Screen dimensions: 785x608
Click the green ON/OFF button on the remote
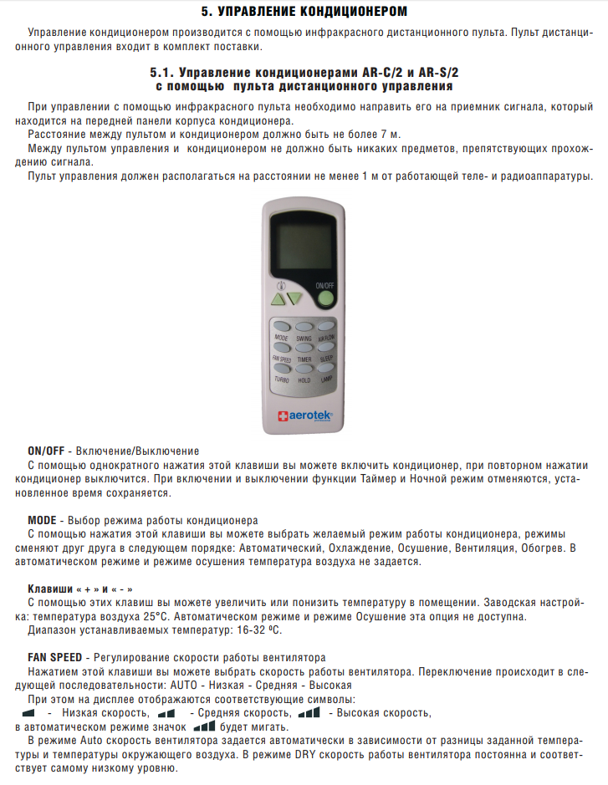tap(325, 298)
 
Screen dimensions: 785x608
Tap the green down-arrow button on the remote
tap(294, 298)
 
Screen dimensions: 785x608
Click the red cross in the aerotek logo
tap(282, 415)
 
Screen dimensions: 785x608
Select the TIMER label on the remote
tap(304, 359)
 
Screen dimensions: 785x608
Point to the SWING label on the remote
tap(304, 338)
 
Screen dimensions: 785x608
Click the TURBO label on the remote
tap(282, 380)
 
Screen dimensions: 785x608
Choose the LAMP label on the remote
tap(326, 380)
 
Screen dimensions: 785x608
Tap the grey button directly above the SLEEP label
tap(325, 348)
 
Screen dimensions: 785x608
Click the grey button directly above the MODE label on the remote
tap(282, 327)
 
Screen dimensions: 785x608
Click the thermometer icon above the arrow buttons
tap(282, 284)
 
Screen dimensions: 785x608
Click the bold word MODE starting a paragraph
tap(43, 520)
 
